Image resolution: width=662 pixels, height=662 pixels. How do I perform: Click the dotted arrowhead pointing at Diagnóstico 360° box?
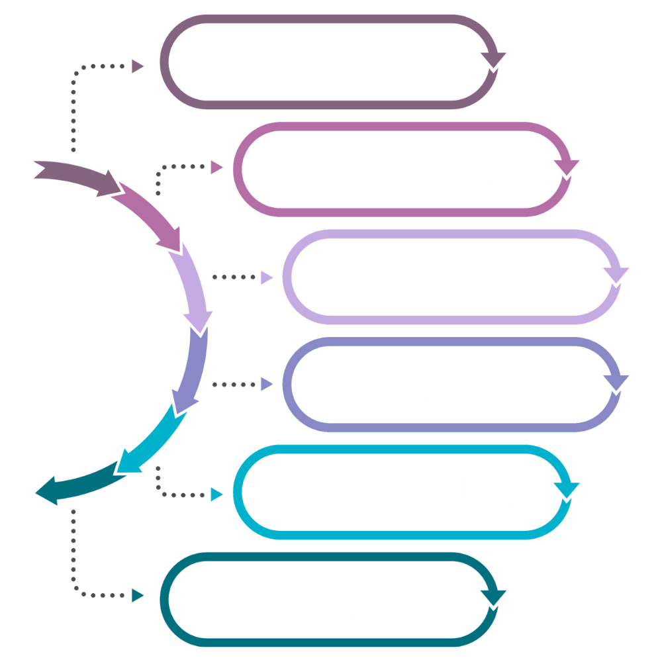click(138, 66)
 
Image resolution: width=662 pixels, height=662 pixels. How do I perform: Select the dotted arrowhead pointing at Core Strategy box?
click(216, 167)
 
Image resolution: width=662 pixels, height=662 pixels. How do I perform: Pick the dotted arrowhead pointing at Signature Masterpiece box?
click(266, 278)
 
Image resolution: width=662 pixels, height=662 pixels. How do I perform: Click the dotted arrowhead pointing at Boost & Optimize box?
click(138, 596)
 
